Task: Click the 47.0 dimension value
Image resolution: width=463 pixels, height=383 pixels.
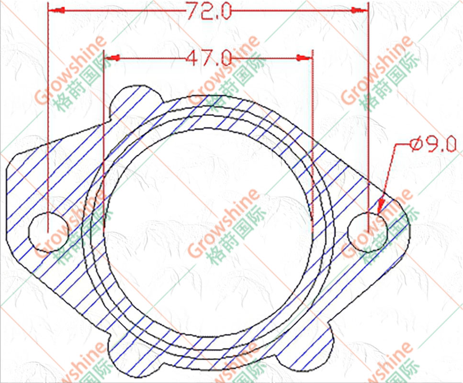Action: click(x=209, y=58)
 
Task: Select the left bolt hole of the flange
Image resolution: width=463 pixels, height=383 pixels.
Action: click(x=49, y=232)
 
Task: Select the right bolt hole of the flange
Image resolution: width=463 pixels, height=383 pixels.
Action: click(x=368, y=232)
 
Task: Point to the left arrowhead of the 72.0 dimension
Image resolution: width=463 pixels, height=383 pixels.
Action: click(x=56, y=11)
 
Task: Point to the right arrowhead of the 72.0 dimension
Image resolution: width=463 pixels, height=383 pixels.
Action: click(x=360, y=11)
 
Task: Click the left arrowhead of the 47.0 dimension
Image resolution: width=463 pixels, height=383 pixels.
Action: click(x=112, y=58)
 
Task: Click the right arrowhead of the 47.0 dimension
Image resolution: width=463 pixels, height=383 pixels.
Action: click(x=304, y=58)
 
